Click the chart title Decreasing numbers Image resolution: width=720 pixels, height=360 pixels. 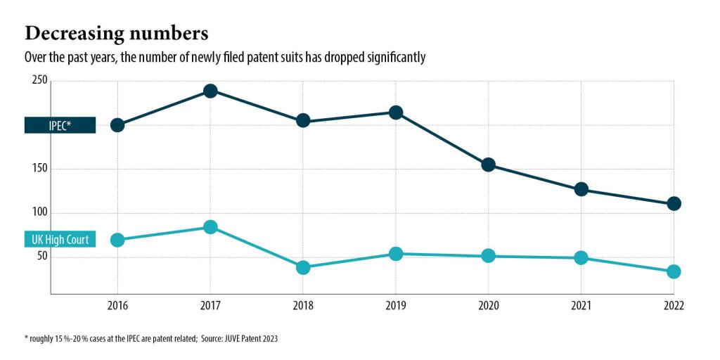coord(116,33)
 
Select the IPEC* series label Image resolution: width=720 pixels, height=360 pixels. coord(60,125)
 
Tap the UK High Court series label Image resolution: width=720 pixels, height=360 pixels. coord(60,240)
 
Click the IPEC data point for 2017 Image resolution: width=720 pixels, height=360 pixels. coord(210,91)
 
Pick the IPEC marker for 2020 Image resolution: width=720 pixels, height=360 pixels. coord(488,165)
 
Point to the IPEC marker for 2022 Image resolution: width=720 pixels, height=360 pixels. coord(674,204)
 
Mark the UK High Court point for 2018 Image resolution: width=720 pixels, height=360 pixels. coord(303,268)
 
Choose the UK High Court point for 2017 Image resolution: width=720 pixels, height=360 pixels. coord(210,227)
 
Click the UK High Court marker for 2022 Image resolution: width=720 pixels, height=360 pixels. coord(674,272)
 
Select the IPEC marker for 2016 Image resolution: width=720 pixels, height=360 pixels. coord(117,125)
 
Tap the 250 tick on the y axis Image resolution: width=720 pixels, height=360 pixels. coord(39,81)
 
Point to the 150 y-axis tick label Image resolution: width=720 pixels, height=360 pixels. coord(39,169)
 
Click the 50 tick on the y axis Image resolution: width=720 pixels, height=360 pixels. coord(42,256)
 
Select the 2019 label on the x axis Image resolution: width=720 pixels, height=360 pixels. coord(395,306)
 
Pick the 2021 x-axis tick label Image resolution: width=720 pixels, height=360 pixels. coord(581,306)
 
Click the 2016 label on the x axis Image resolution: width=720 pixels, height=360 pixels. coord(117,306)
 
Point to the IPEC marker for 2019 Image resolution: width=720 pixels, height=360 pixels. coord(396,112)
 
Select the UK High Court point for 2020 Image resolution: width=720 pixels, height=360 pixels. coord(488,256)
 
